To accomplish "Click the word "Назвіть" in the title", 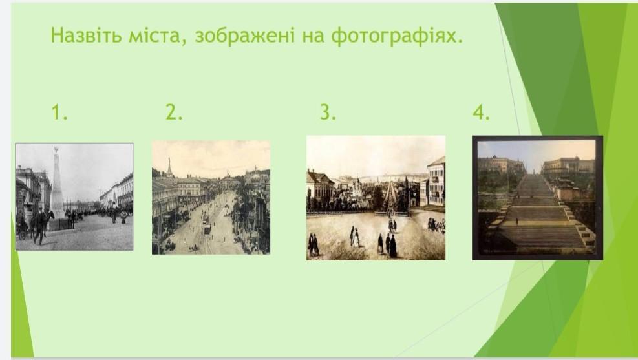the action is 86,35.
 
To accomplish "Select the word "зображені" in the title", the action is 244,36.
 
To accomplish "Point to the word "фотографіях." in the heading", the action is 397,36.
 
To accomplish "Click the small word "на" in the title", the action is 314,37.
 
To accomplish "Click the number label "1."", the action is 59,112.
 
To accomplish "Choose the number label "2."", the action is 174,112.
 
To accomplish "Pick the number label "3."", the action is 328,112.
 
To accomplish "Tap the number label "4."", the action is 481,112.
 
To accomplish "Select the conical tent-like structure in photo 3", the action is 390,198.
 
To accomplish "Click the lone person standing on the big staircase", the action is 517,221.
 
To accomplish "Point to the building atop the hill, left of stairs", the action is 500,164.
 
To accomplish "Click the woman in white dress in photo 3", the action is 356,238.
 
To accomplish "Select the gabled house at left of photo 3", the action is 321,185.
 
